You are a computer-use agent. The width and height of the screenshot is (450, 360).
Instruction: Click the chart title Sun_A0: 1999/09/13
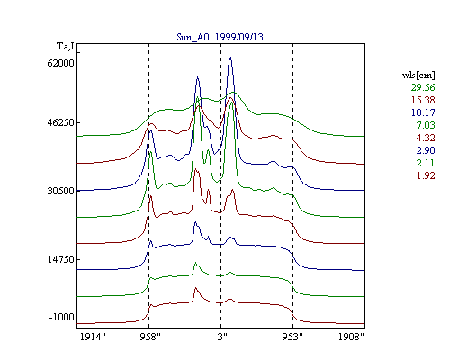tap(220, 37)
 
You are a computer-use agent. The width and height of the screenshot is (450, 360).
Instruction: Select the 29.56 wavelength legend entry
tap(423, 87)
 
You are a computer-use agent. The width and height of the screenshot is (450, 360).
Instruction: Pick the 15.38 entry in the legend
tap(423, 100)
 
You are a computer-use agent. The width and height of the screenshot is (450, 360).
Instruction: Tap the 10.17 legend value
tap(423, 112)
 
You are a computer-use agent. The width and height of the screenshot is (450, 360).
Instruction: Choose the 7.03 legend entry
tap(426, 125)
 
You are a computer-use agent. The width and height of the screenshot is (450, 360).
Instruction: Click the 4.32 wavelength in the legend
tap(426, 138)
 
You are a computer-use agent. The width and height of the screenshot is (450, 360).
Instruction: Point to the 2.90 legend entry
tap(426, 150)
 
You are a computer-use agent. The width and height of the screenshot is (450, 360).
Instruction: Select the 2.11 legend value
tap(426, 163)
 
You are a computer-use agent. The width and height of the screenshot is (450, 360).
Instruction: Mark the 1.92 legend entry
tap(426, 175)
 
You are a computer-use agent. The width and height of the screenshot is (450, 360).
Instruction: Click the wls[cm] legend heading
tap(418, 75)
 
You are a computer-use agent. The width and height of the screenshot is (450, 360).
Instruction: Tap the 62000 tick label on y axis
tap(60, 63)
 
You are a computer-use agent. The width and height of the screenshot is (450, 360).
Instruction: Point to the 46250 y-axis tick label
tap(60, 122)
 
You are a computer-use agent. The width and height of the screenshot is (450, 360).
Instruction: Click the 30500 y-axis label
tap(60, 191)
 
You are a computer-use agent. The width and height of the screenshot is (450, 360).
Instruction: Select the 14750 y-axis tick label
tap(60, 259)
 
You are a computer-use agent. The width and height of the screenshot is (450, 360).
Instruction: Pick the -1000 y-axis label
tap(61, 317)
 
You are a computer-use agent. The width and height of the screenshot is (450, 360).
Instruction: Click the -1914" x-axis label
tap(91, 337)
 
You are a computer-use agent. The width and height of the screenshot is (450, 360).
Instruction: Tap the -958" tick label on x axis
tap(148, 337)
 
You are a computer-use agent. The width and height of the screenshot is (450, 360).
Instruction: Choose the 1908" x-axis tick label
tap(351, 337)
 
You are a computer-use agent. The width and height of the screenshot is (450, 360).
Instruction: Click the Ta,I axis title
tap(66, 47)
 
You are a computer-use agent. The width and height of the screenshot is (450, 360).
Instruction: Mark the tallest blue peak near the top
tap(230, 57)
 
